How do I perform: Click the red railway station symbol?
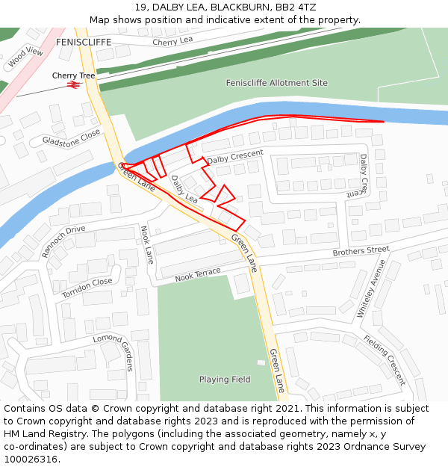[73, 84]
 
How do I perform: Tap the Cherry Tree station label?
[73, 75]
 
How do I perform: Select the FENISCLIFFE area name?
[83, 43]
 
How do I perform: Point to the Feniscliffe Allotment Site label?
[276, 83]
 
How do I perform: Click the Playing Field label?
[225, 380]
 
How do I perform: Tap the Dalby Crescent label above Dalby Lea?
[235, 157]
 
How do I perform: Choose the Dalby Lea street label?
[184, 189]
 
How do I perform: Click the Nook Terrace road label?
[198, 275]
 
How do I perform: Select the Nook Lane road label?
[148, 244]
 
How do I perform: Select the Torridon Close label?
[87, 288]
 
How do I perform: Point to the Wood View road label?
[25, 58]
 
